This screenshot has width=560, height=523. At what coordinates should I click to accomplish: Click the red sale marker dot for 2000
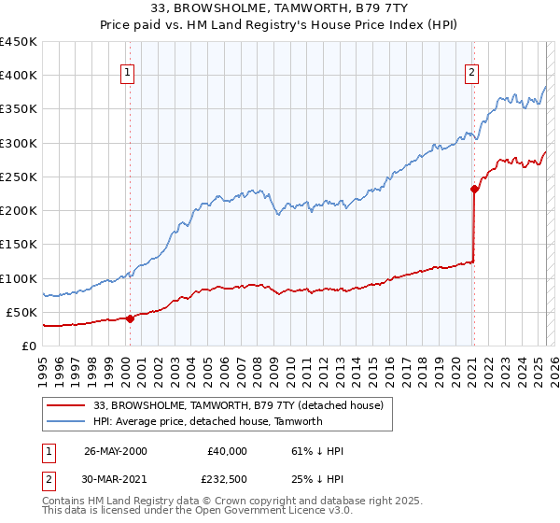[x=131, y=318]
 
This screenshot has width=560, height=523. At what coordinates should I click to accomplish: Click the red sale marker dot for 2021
[x=474, y=189]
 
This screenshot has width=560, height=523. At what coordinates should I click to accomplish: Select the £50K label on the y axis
[x=22, y=312]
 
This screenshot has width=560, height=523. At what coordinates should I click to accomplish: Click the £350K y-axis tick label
[x=19, y=109]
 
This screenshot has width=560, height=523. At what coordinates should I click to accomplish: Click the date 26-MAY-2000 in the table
[x=115, y=451]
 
